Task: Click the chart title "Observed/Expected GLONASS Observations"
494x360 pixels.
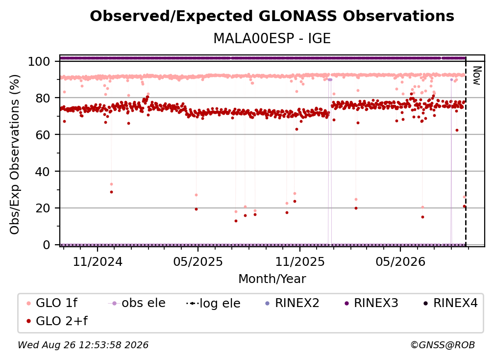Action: (272, 16)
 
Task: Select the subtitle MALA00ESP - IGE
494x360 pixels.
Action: (272, 38)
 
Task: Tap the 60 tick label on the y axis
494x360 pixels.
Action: (43, 134)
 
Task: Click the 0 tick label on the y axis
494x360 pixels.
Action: (47, 245)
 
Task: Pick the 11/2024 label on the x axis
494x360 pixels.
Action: (98, 261)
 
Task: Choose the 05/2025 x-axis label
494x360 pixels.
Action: (198, 261)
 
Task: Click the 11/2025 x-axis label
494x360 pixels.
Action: (300, 261)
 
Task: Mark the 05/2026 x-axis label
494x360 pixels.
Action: (400, 261)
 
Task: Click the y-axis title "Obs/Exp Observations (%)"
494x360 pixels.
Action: (15, 154)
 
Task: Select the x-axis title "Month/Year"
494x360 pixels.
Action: (272, 279)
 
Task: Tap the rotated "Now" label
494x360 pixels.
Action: (477, 76)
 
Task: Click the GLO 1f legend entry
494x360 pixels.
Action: (52, 303)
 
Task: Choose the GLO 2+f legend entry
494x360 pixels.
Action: (57, 321)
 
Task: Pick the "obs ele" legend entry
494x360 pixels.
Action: (137, 303)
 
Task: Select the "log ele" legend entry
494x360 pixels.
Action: (213, 303)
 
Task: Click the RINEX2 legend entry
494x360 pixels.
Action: (293, 303)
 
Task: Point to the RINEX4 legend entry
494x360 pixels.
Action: (450, 303)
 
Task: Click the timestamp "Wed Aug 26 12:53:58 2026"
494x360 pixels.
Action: (83, 345)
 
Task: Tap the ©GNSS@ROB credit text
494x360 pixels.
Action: (443, 345)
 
